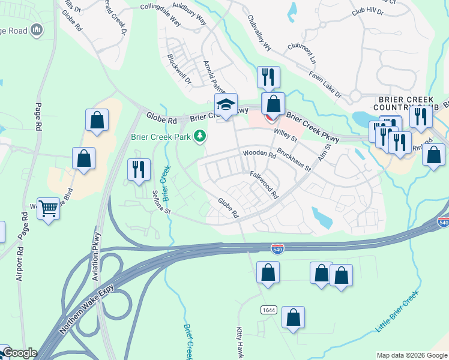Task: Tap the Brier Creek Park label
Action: click(x=161, y=137)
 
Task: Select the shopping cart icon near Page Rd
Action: click(x=49, y=209)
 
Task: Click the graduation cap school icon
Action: click(x=226, y=104)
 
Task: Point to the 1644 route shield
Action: click(x=268, y=310)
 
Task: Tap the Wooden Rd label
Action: click(x=259, y=154)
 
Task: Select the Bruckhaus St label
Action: click(x=294, y=160)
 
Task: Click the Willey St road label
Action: click(x=285, y=134)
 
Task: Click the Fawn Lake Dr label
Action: click(x=325, y=85)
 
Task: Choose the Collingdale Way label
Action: click(x=160, y=13)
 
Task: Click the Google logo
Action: click(x=19, y=353)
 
